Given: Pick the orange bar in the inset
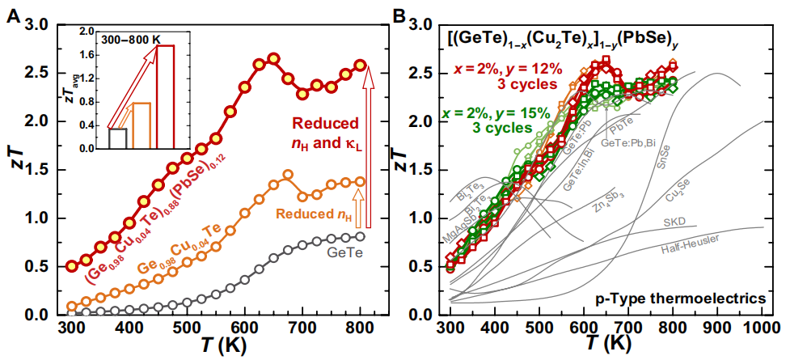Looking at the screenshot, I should pos(142,126).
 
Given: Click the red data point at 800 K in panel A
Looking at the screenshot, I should pos(361,65).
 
